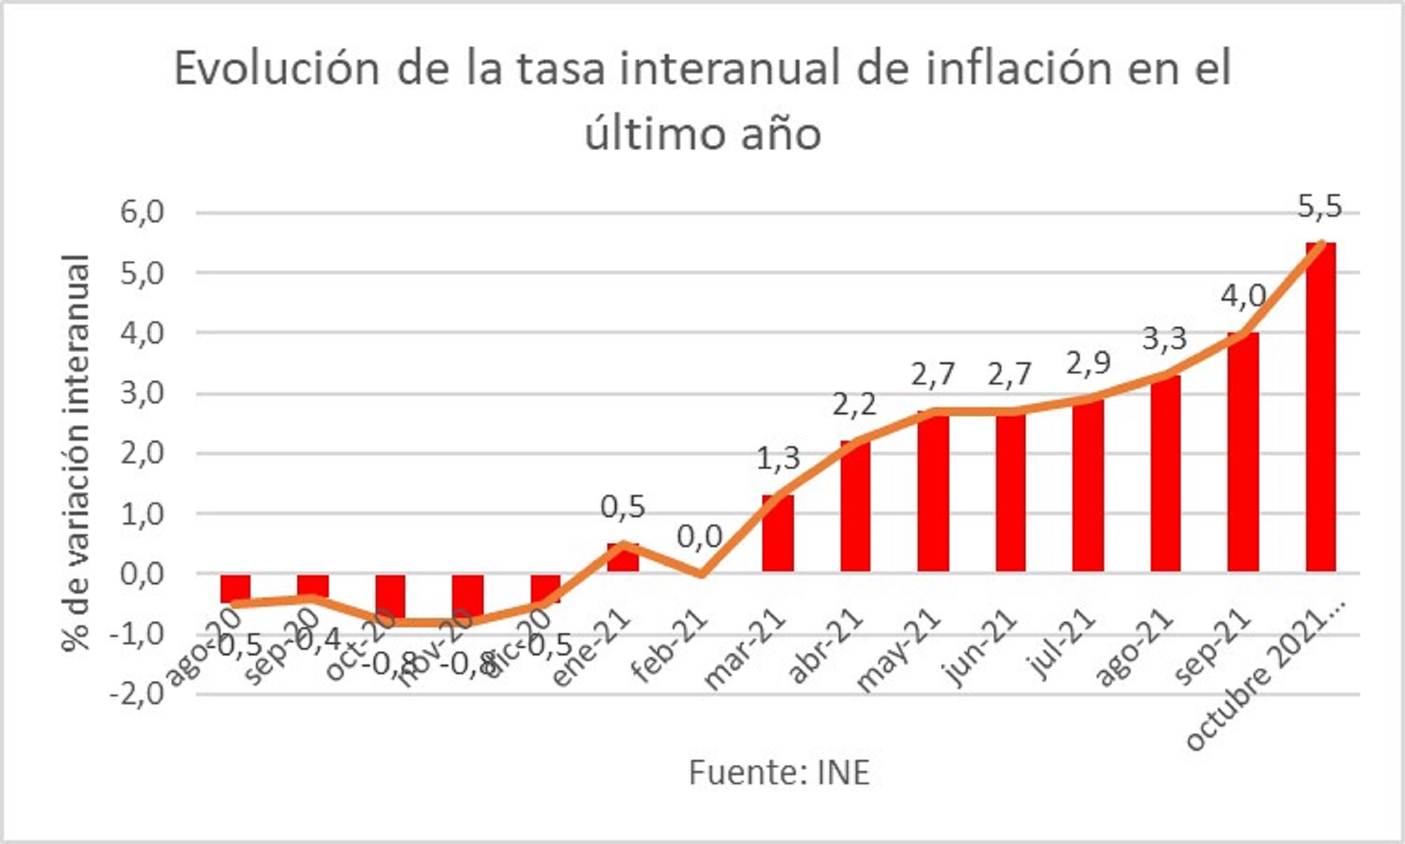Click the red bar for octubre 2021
tap(1320, 406)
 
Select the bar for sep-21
tap(1242, 452)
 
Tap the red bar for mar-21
tap(777, 534)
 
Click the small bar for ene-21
tap(623, 558)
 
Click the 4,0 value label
tap(1243, 296)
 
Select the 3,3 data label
tap(1165, 339)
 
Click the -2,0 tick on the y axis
tap(137, 695)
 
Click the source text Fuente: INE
tap(779, 773)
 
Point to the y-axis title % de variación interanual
tap(76, 452)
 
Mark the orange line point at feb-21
tap(700, 574)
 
